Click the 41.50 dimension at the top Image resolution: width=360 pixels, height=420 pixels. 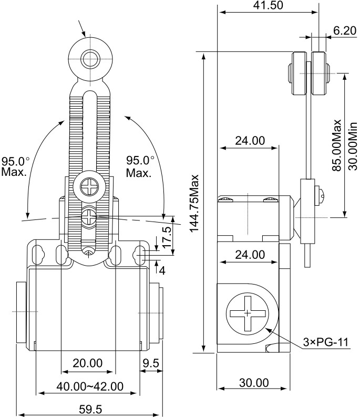click(269, 6)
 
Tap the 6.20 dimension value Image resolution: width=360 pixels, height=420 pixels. click(344, 31)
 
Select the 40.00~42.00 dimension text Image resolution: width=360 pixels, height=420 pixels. click(90, 387)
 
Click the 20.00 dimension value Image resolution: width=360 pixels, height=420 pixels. click(87, 363)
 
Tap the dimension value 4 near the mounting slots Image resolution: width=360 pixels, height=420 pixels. click(162, 271)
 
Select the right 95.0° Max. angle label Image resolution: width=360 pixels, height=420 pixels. click(140, 166)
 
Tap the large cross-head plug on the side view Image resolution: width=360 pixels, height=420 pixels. click(248, 313)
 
